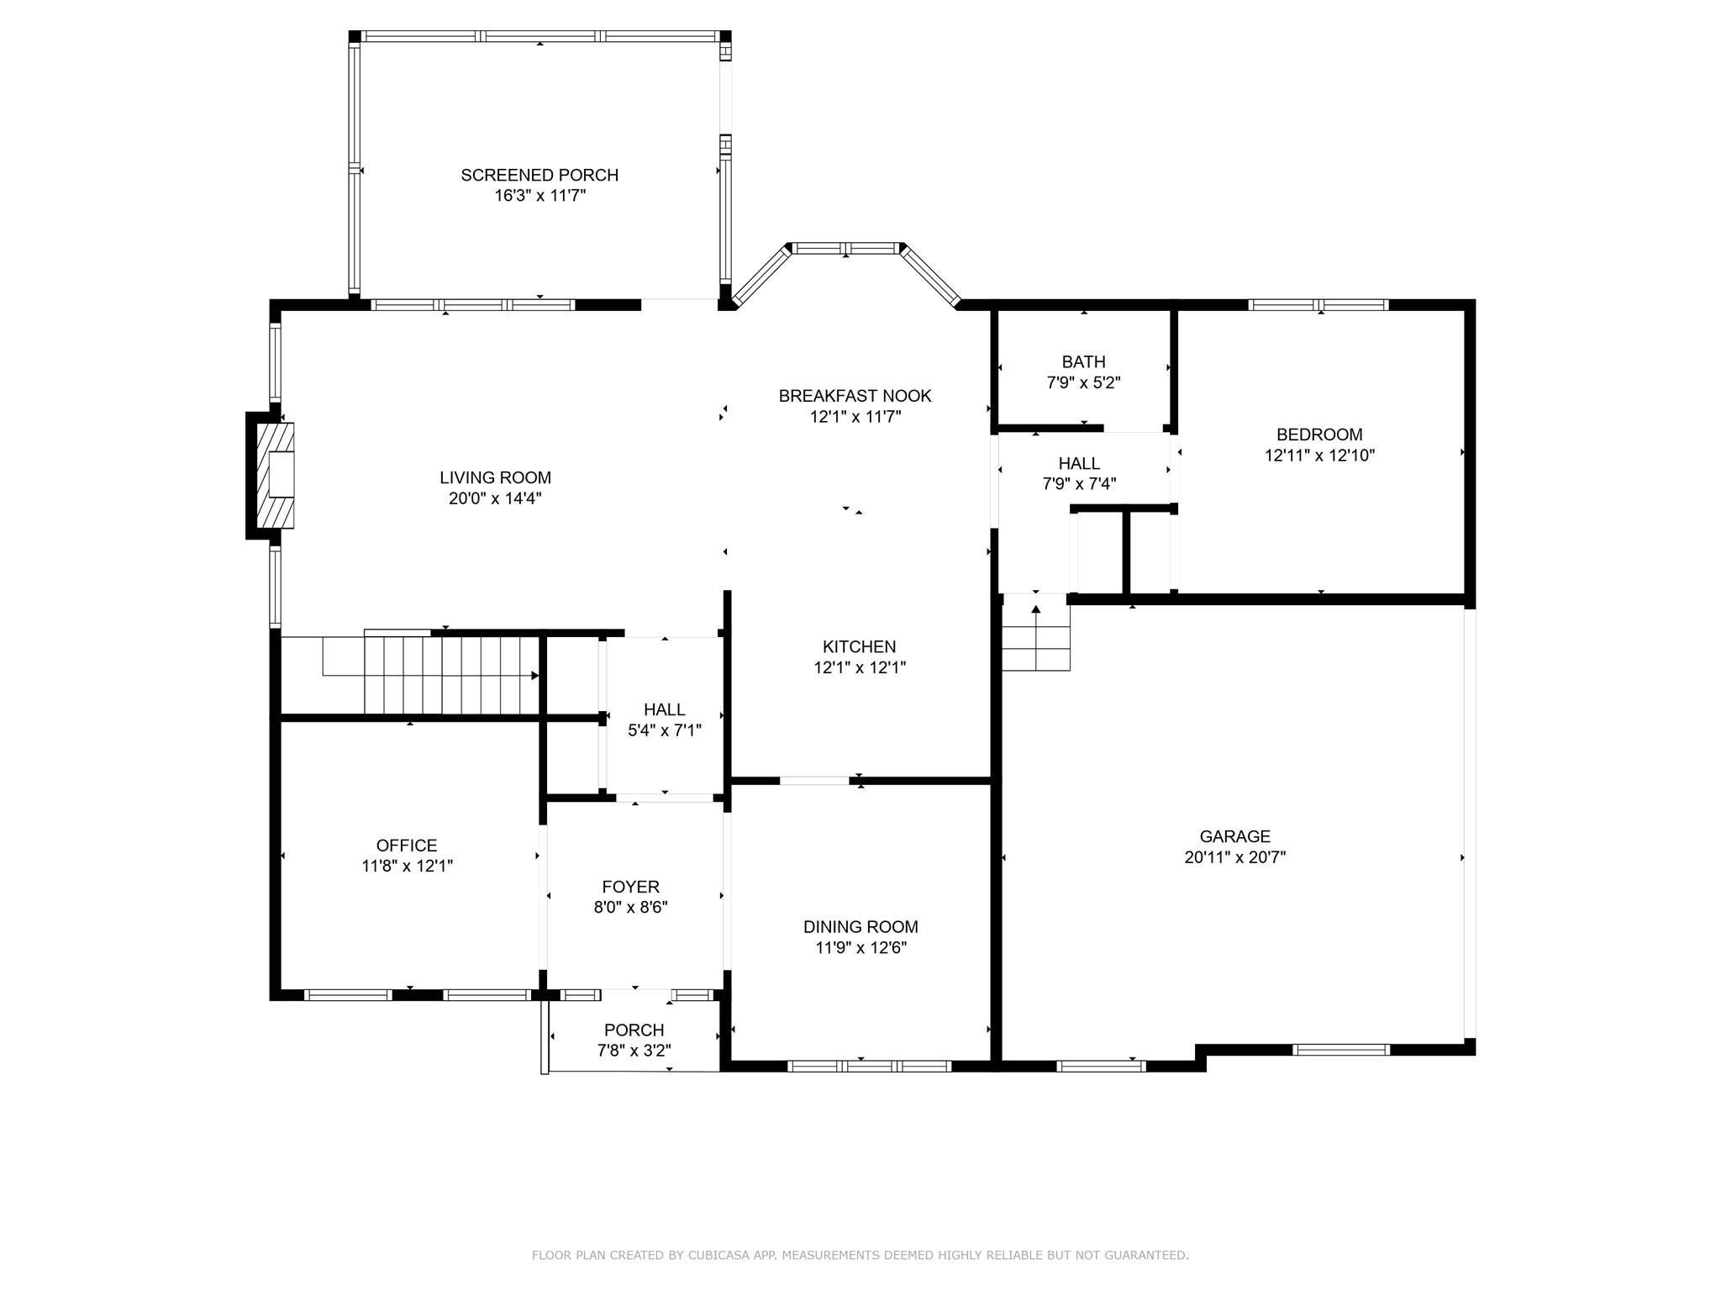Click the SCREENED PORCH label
539,175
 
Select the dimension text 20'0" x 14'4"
494,498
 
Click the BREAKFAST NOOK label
855,396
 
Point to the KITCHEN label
859,646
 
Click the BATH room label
1083,362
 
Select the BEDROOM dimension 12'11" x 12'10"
1318,456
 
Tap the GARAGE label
1234,836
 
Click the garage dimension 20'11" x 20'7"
1234,857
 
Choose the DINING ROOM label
860,926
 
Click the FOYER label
630,887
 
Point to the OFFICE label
407,846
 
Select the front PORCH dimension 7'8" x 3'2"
634,1051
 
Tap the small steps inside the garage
1035,639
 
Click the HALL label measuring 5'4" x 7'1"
664,709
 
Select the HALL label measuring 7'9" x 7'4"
1079,463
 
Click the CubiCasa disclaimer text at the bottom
860,1255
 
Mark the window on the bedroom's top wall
1318,305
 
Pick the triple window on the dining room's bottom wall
869,1066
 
